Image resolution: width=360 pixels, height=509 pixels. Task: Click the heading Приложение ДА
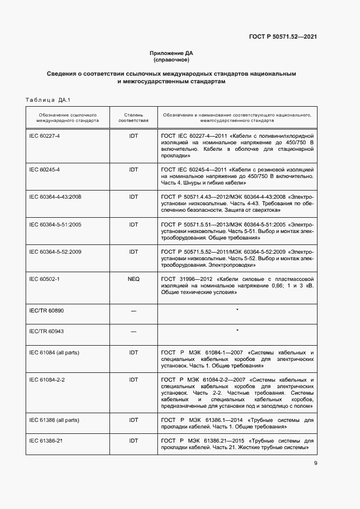[x=172, y=53]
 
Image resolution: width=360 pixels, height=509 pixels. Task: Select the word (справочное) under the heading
[x=172, y=59]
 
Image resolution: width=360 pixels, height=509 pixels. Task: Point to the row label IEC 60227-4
[x=44, y=134]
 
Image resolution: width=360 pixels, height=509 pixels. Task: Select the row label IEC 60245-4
[x=44, y=169]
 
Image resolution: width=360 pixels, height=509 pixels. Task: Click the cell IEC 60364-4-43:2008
[x=55, y=197]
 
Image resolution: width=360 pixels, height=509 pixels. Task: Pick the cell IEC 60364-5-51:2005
[x=55, y=224]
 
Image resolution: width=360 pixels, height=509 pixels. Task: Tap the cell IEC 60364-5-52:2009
[x=55, y=252]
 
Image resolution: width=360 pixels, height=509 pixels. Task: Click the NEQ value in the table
[x=133, y=279]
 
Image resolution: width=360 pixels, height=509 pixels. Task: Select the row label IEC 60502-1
[x=44, y=279]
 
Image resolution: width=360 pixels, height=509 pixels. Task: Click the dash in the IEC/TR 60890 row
[x=133, y=310]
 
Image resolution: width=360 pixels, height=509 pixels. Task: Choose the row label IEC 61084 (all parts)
[x=54, y=352]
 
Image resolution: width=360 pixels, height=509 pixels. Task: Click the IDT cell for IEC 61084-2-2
[x=133, y=379]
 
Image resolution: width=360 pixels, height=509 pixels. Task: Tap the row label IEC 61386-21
[x=46, y=440]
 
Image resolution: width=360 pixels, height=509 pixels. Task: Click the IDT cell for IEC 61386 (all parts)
[x=133, y=420]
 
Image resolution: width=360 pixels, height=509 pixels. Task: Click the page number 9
[x=316, y=464]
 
